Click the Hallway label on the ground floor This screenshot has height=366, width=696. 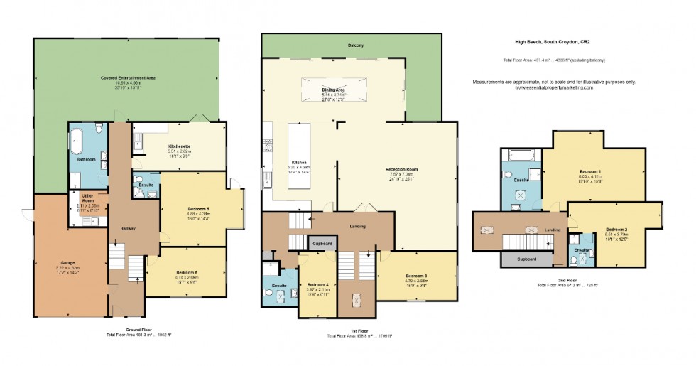click(x=128, y=228)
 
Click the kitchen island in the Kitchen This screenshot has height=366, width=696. click(x=298, y=157)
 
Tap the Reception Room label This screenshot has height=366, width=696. click(x=401, y=169)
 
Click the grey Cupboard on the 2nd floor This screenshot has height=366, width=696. click(x=526, y=259)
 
